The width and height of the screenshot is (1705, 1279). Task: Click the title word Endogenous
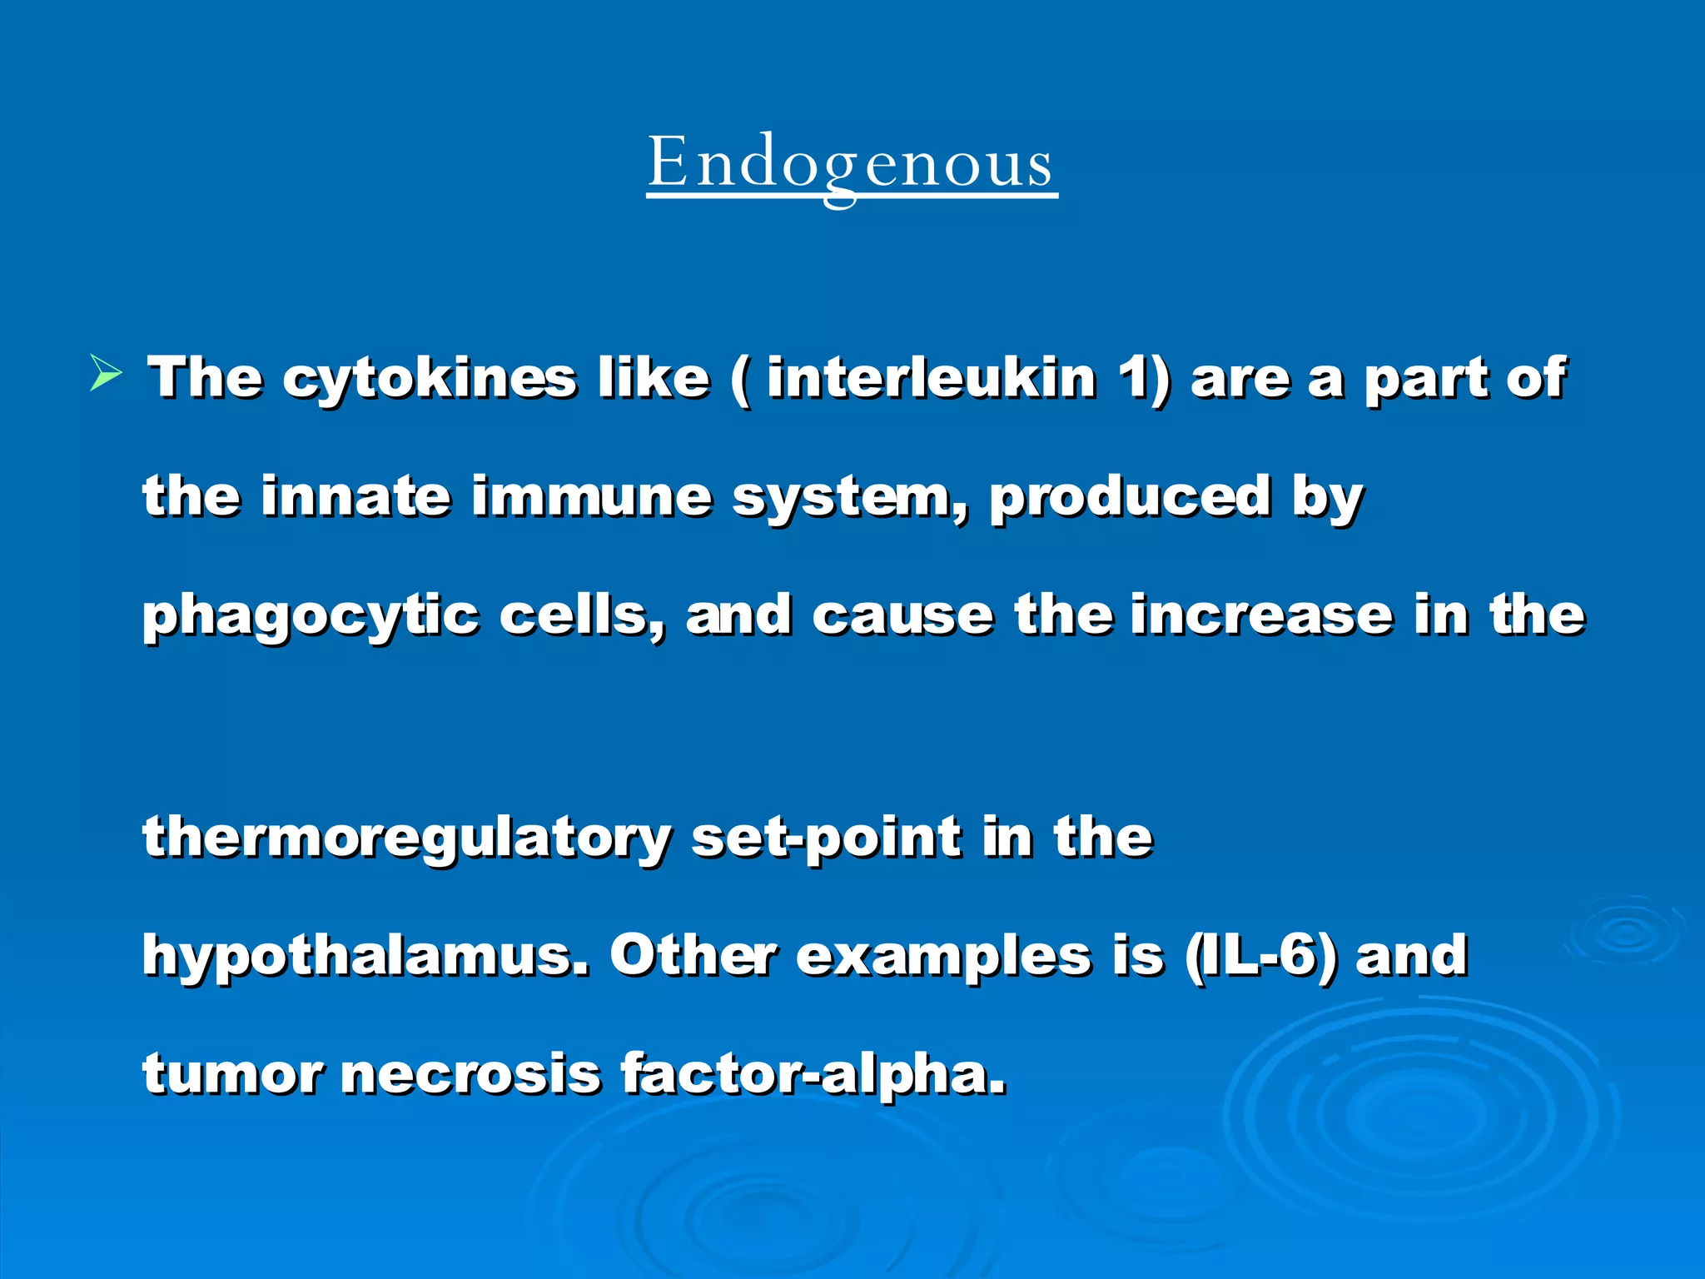[x=852, y=163]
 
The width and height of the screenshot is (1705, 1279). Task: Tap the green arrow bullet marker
[x=106, y=374]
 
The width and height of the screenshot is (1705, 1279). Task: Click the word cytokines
[x=429, y=380]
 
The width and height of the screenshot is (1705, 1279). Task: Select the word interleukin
[x=932, y=378]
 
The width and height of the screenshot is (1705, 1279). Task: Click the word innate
[x=355, y=496]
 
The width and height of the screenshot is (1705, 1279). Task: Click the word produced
[x=1130, y=498]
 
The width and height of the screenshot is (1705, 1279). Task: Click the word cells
[x=580, y=616]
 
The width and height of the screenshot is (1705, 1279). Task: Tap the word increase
[x=1261, y=616]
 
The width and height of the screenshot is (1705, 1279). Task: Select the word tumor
[x=232, y=1074]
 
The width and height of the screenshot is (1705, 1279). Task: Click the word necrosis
[x=470, y=1074]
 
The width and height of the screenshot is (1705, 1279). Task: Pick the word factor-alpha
[x=813, y=1074]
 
